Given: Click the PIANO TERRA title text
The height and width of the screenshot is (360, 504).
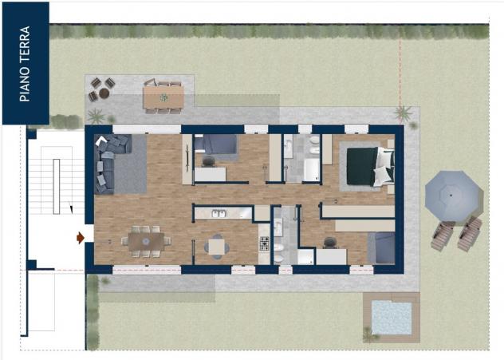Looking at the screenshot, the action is pos(25,64).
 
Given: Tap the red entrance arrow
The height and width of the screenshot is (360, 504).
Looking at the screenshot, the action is pos(81,238).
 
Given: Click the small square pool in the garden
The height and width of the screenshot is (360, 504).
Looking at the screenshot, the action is pos(392,318).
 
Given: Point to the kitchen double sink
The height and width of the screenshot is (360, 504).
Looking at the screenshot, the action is pos(219,213).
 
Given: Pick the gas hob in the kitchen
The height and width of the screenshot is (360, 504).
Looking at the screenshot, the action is pos(265,243).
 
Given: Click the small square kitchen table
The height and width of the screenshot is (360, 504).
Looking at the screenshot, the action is pos(217,247).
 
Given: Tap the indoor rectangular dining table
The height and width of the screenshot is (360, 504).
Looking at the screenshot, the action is pos(146,242).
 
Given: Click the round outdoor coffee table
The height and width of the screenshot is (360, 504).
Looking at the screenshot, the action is pos(104,93).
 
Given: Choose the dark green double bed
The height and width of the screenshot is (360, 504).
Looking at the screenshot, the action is pos(370,166).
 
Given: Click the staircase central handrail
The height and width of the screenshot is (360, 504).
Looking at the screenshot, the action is pos(57,187).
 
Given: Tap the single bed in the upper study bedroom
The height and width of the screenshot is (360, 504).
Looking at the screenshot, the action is pos(215,144).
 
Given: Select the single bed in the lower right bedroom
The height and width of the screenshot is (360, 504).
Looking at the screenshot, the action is pos(381,248).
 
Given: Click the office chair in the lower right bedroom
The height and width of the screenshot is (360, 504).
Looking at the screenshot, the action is pos(329,242).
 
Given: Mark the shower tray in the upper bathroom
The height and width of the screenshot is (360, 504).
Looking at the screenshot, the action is pos(312,170).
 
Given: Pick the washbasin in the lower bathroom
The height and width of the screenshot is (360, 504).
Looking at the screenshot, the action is pos(278,227).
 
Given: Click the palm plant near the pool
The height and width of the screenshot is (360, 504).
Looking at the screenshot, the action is pos(370,334).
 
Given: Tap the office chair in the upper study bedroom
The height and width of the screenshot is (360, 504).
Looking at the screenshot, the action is pos(209,161).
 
